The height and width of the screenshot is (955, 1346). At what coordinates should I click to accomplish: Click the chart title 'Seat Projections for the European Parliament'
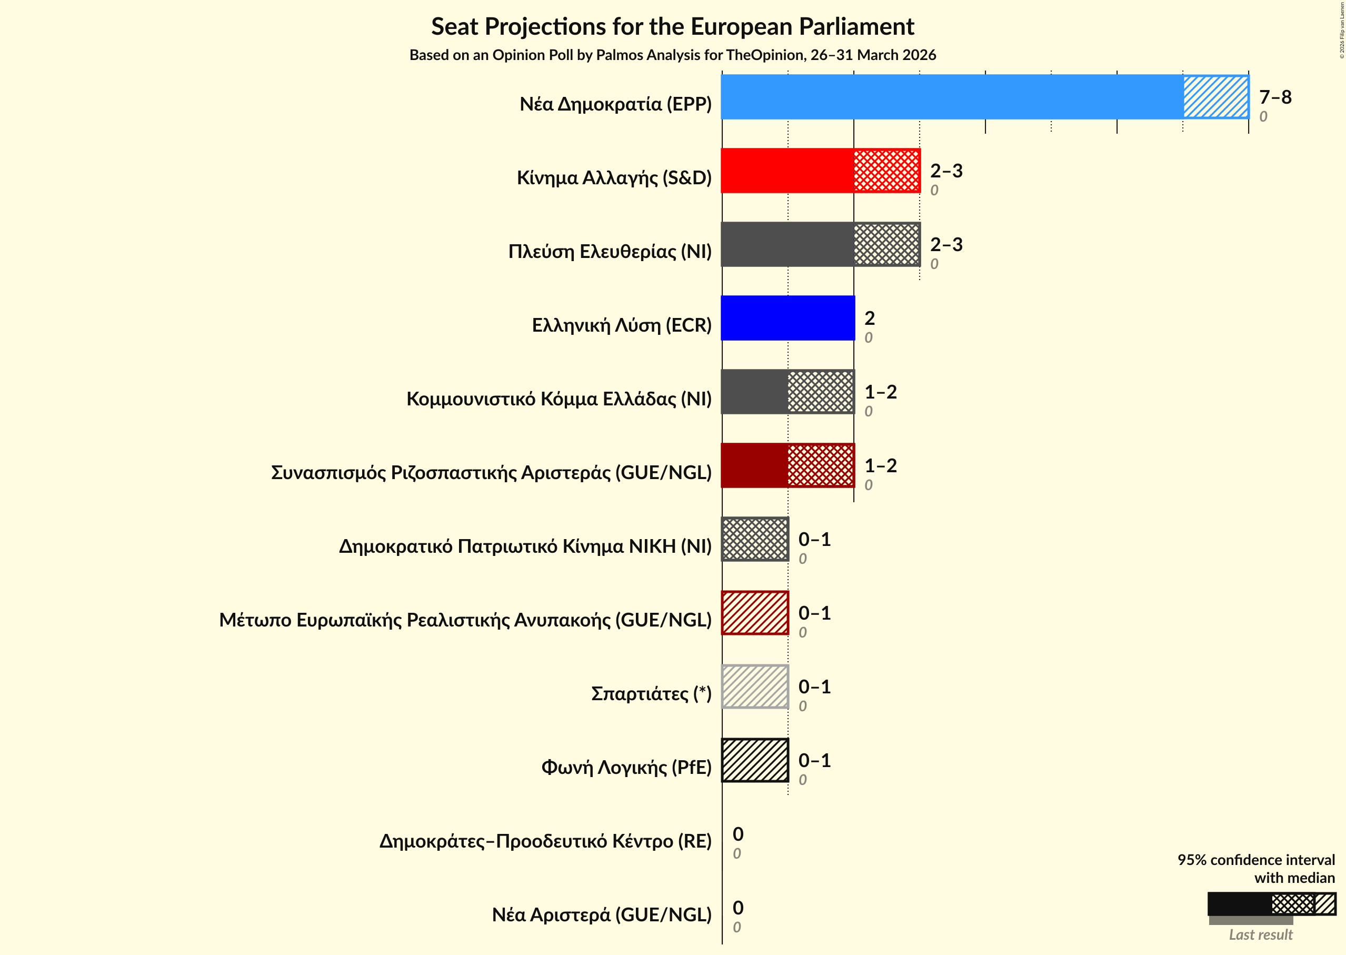672,27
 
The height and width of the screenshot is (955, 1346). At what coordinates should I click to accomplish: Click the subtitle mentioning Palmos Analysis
672,55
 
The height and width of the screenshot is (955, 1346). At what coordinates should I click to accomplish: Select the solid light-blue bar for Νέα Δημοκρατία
951,97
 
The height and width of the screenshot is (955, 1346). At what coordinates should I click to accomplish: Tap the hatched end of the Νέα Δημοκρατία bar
1215,97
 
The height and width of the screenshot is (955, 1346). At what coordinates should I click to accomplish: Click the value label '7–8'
1275,97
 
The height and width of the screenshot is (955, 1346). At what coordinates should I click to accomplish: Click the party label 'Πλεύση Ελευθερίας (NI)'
609,252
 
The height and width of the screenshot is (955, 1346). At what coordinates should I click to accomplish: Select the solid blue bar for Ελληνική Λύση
787,318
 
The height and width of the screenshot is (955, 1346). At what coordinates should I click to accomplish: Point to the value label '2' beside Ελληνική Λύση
869,318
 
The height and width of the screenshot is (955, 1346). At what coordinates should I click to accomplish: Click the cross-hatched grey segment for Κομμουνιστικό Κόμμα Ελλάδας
820,392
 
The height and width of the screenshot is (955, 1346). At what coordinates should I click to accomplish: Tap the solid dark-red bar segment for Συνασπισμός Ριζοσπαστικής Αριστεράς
754,465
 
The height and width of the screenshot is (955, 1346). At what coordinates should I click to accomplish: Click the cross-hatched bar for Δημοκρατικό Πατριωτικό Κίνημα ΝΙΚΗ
755,539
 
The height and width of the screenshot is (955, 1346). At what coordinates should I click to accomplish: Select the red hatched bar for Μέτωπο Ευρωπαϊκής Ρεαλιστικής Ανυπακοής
755,613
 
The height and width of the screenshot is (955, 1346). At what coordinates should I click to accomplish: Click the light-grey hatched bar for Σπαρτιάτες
755,687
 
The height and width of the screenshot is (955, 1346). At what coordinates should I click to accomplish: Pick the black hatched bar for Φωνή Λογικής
755,760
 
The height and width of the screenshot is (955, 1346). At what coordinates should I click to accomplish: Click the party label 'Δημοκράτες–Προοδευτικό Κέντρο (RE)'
545,841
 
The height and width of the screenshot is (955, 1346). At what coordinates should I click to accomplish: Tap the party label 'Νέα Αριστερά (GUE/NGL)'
601,915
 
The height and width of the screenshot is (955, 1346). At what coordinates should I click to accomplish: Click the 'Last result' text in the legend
1260,935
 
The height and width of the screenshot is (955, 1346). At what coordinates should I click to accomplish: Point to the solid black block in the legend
1239,904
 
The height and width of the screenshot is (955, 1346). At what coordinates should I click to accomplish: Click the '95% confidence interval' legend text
1255,860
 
